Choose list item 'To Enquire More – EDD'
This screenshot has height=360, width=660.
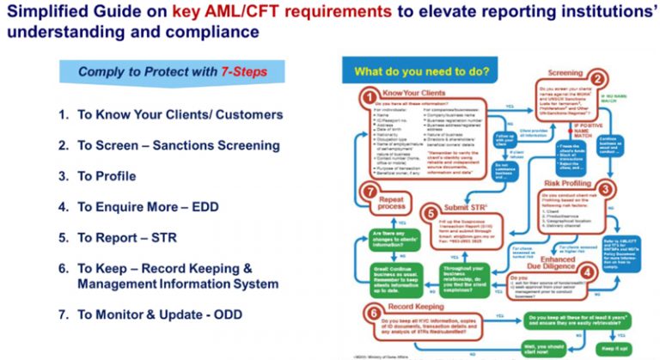144,207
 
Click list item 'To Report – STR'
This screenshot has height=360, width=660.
125,238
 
